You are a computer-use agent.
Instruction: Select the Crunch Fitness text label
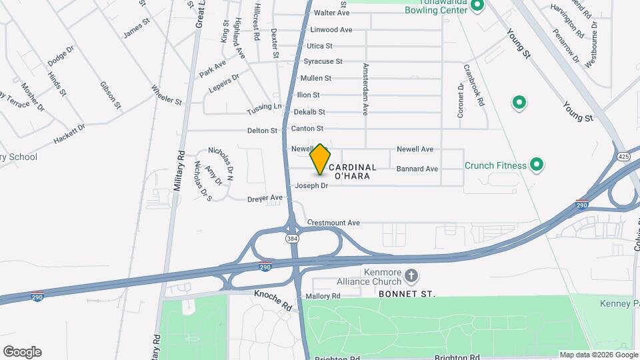(x=495, y=165)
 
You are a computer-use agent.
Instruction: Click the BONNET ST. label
(x=407, y=293)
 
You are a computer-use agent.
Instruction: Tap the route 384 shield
(x=292, y=238)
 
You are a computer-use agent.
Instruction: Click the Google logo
(x=22, y=352)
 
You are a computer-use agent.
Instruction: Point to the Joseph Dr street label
(x=311, y=186)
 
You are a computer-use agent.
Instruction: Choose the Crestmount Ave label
(x=333, y=223)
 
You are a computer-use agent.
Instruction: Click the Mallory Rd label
(x=323, y=296)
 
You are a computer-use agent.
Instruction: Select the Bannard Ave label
(x=417, y=169)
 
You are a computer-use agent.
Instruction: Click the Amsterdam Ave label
(x=365, y=89)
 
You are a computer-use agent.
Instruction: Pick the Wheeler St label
(x=167, y=95)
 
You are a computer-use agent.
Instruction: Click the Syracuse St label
(x=323, y=61)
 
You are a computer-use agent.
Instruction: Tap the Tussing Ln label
(x=265, y=107)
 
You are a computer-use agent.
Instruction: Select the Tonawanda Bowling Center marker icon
(x=477, y=7)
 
